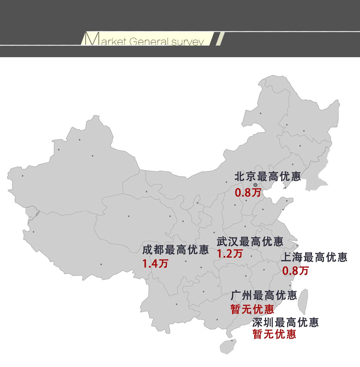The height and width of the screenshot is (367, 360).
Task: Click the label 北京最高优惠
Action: (268, 177)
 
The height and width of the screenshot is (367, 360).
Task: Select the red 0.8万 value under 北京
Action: (248, 192)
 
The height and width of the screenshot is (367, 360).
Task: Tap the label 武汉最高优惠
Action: (250, 241)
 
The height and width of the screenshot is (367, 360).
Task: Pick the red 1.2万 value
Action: (230, 254)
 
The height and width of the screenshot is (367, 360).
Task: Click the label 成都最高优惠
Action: (175, 250)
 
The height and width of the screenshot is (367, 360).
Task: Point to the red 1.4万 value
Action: (155, 264)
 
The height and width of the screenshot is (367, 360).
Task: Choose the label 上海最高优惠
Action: (314, 257)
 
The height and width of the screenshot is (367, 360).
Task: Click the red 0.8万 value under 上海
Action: (295, 271)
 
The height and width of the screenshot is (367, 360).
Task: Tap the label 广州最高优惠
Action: (264, 295)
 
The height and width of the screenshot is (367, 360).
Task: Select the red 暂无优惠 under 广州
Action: (252, 309)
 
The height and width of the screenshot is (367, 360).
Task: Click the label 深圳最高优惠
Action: (285, 322)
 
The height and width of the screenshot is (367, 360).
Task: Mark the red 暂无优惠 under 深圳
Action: (274, 334)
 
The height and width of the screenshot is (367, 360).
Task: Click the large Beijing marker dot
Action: (255, 185)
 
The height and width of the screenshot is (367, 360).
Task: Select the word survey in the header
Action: (188, 42)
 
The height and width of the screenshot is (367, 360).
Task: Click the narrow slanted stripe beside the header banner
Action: (220, 39)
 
